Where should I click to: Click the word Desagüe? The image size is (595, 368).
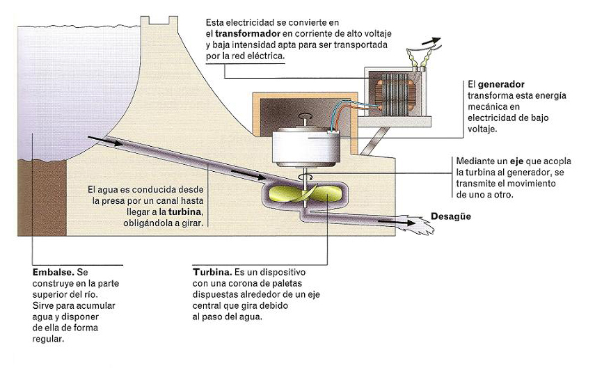(x=450, y=216)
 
